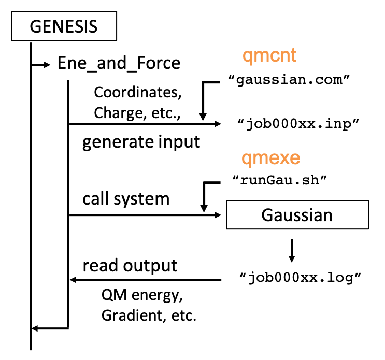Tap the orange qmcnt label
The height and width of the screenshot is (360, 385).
[x=269, y=56]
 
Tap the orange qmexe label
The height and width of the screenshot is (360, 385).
[x=271, y=159]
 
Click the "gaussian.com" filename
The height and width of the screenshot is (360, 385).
[x=289, y=80]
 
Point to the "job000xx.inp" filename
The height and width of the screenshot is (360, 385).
[x=298, y=124]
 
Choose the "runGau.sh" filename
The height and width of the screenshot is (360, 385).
[x=279, y=180]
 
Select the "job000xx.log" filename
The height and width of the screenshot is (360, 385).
[x=300, y=278]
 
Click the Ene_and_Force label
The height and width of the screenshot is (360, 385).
[x=119, y=64]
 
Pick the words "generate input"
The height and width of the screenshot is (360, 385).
[x=141, y=142]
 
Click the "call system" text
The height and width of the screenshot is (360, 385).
[x=126, y=199]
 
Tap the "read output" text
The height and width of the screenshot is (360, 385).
[x=130, y=266]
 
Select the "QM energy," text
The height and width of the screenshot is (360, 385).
[x=142, y=295]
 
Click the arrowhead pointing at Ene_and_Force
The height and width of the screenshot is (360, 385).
[x=47, y=65]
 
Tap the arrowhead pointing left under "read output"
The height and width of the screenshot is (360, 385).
[x=73, y=280]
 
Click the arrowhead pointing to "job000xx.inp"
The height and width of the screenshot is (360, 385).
[x=218, y=124]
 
